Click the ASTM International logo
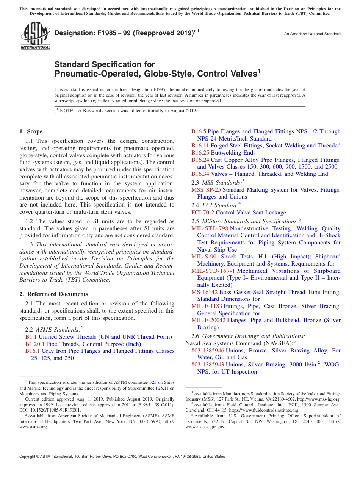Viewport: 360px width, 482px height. click(35, 36)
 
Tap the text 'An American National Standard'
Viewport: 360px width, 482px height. click(312, 34)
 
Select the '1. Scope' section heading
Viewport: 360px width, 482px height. click(31, 132)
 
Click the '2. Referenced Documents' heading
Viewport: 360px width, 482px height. click(54, 294)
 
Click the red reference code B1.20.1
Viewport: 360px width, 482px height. click(35, 344)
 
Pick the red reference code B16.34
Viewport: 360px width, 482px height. click(200, 174)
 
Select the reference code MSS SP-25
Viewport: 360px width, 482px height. click(206, 190)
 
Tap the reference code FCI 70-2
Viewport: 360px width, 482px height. click(203, 213)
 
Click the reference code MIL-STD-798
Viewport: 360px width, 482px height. click(210, 228)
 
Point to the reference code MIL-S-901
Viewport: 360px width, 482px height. click(205, 257)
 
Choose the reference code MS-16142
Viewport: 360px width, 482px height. click(204, 292)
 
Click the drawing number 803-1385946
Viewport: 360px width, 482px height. click(208, 351)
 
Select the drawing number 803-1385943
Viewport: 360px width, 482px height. click(208, 365)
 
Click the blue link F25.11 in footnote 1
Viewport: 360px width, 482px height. click(162, 388)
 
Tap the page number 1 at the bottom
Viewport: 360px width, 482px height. click(180, 466)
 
